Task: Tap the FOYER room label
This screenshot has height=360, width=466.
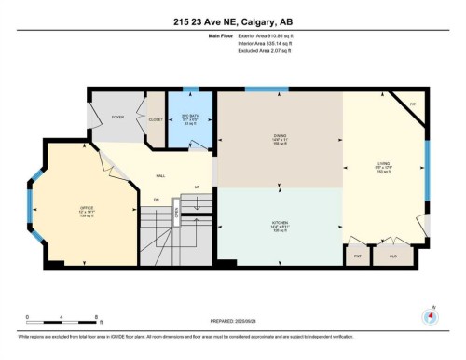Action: [118, 117]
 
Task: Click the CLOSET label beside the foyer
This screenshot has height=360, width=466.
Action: [155, 119]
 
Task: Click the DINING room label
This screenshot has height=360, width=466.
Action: [280, 140]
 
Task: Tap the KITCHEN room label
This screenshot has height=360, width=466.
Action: [280, 225]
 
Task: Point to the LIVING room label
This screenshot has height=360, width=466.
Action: [383, 169]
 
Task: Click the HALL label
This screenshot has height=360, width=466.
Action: [160, 174]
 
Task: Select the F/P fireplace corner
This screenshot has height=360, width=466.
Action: [411, 104]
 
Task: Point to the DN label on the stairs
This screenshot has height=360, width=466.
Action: [157, 200]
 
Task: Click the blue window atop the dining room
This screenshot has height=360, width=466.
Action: [266, 89]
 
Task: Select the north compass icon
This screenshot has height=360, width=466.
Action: [430, 315]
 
